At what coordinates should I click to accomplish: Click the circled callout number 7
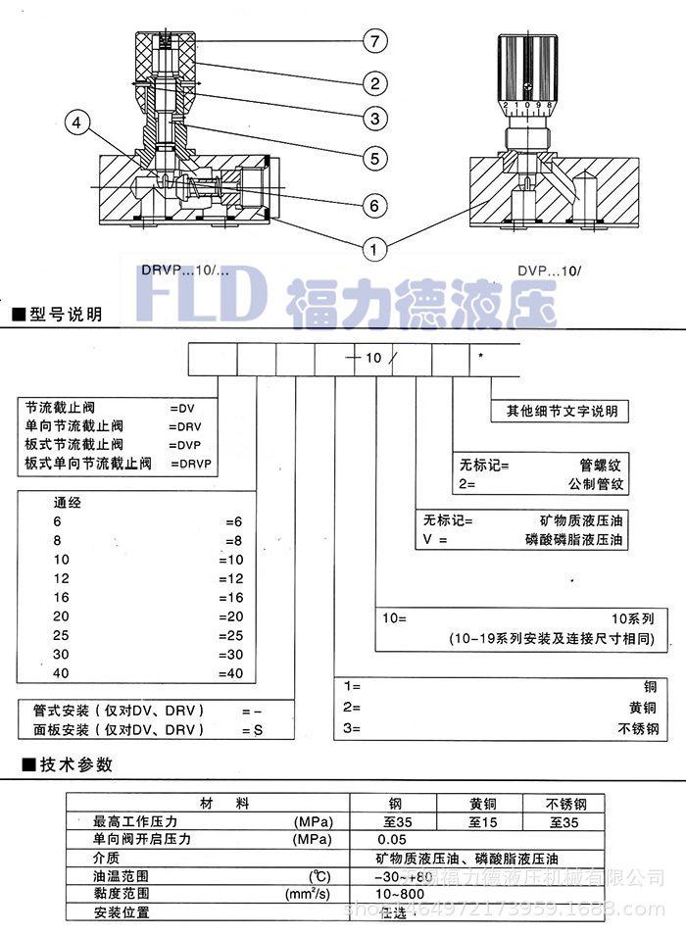pyautogui.click(x=373, y=41)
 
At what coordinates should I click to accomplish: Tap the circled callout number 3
pyautogui.click(x=373, y=120)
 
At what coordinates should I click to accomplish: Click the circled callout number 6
pyautogui.click(x=373, y=205)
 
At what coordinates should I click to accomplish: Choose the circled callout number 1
pyautogui.click(x=373, y=249)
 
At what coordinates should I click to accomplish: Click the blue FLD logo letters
pyautogui.click(x=206, y=295)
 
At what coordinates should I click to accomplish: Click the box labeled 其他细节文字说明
pyautogui.click(x=558, y=412)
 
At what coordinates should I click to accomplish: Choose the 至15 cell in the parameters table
pyautogui.click(x=480, y=821)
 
